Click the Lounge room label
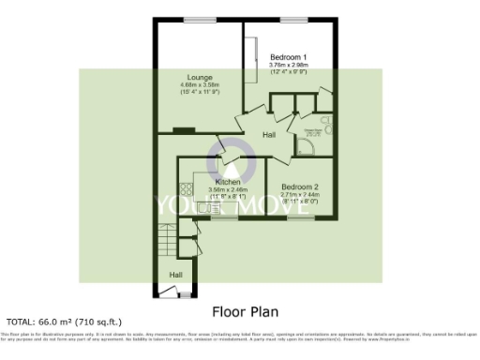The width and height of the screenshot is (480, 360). (198, 77)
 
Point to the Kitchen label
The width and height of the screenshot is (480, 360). (228, 181)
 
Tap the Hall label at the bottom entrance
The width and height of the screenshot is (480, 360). (175, 274)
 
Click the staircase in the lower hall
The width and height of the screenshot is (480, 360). (167, 241)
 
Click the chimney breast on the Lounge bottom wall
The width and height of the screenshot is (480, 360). (178, 129)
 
